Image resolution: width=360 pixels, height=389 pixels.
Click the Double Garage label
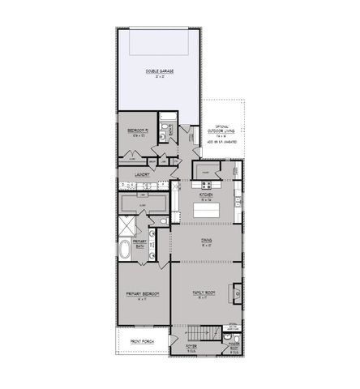pos(159,71)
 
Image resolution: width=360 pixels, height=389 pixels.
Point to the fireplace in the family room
pos(237,291)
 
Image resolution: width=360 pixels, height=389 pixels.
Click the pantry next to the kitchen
pos(207,173)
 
